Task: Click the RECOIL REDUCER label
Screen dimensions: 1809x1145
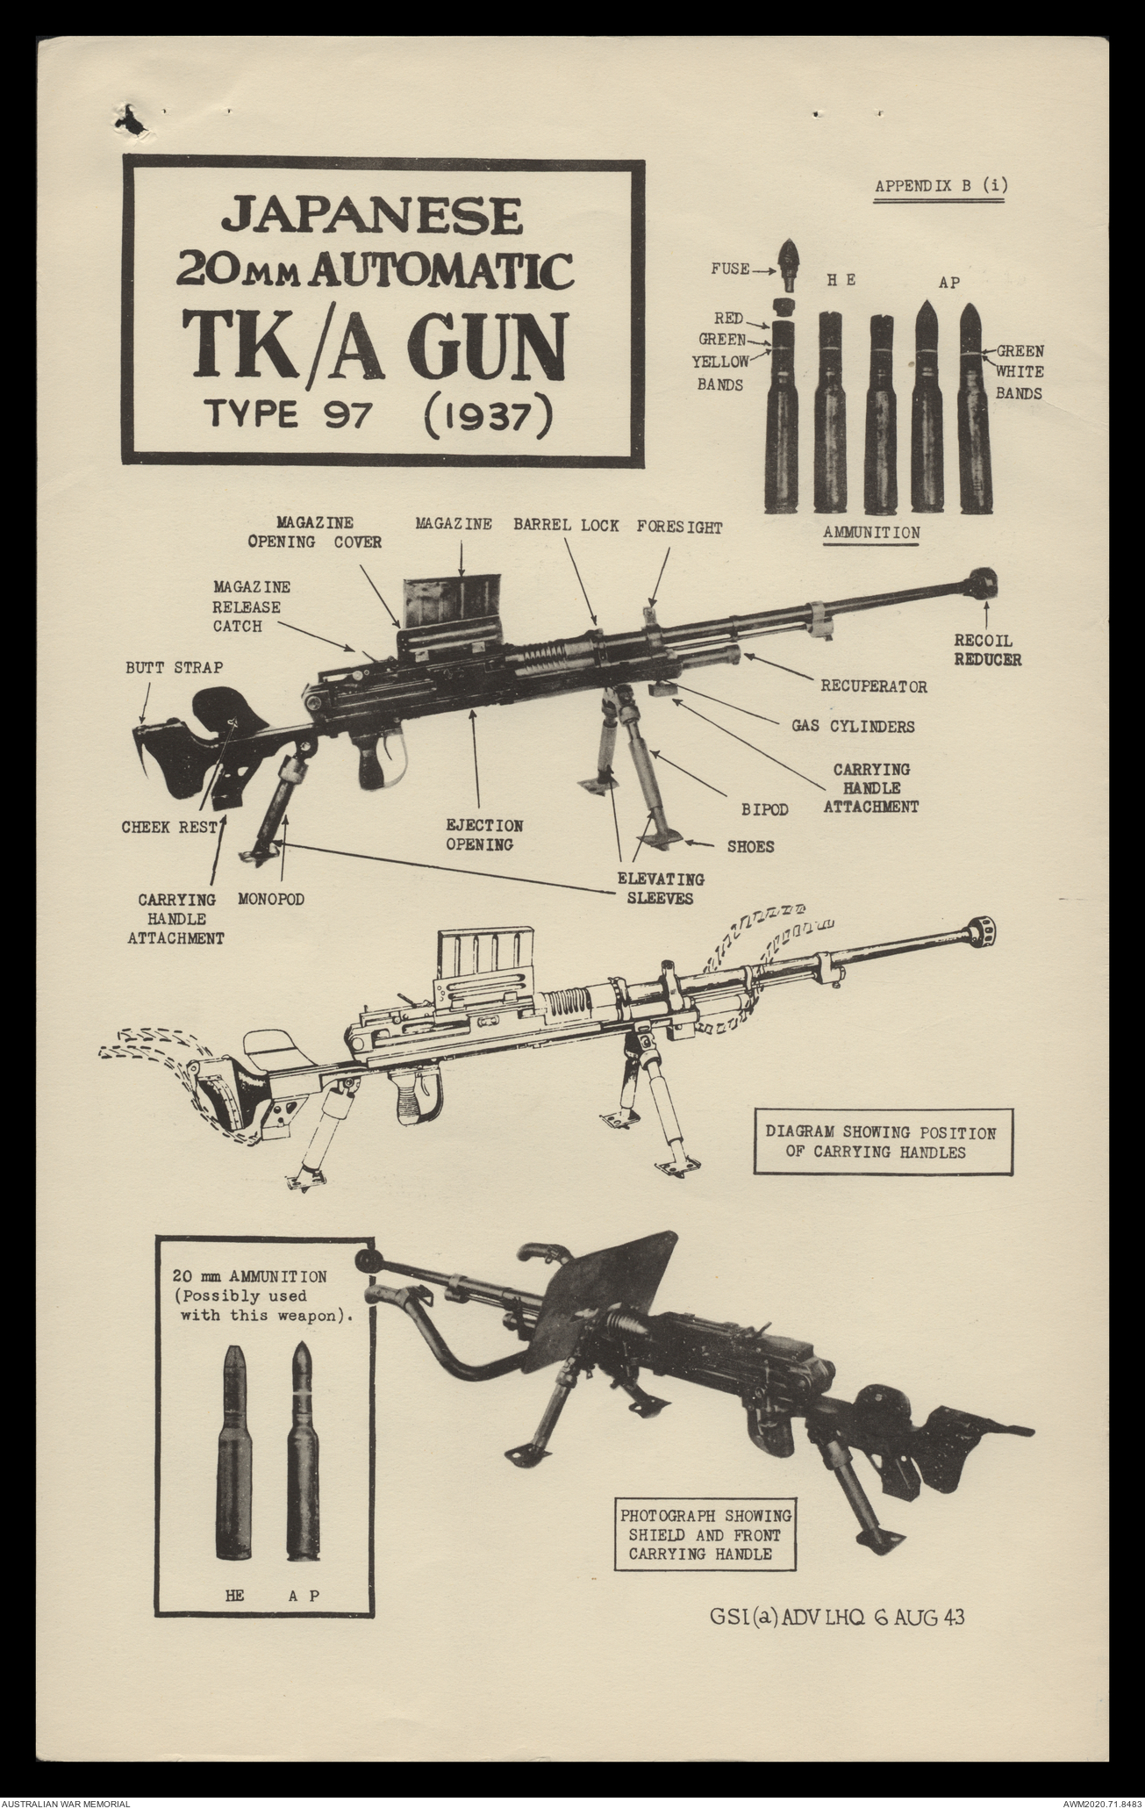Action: click(x=987, y=649)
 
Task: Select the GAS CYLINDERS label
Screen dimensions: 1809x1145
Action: click(x=853, y=726)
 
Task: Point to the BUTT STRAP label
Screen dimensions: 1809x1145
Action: click(x=173, y=668)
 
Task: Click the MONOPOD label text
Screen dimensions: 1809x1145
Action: click(x=271, y=900)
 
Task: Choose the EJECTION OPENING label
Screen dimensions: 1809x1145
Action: click(x=484, y=835)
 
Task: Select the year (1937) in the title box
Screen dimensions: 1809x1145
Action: click(x=487, y=414)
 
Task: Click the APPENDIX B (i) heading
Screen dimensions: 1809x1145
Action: click(x=937, y=186)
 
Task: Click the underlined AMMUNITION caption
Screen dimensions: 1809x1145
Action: click(x=871, y=533)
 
